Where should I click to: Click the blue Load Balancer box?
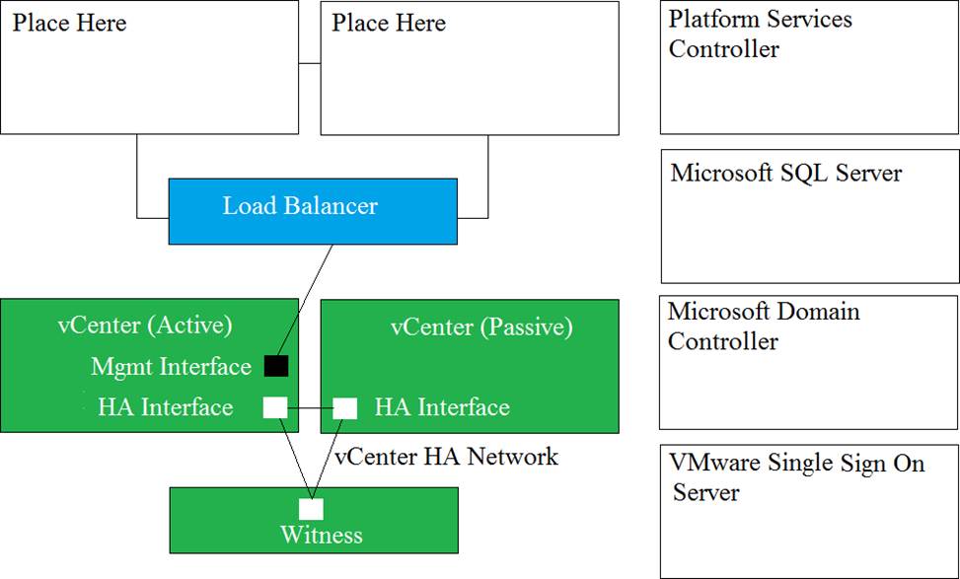click(313, 211)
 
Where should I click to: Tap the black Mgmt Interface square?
click(276, 366)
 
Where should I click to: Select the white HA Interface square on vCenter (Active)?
click(275, 407)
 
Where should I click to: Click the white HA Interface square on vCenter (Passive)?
click(344, 408)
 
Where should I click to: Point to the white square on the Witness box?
click(311, 509)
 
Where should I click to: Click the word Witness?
click(322, 535)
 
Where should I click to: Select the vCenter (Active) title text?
click(145, 325)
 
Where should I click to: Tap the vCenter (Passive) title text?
click(481, 326)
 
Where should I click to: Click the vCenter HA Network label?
click(446, 457)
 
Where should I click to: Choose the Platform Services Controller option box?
click(809, 67)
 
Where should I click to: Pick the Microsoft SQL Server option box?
click(810, 216)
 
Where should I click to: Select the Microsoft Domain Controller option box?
click(809, 362)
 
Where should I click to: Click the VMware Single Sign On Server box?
click(809, 511)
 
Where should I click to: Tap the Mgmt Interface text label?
click(172, 367)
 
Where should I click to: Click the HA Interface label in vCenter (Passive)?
click(442, 407)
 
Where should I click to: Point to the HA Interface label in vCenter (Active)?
click(166, 407)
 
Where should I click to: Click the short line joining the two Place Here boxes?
click(310, 63)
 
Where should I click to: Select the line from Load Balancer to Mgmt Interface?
click(304, 300)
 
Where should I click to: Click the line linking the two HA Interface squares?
click(310, 407)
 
